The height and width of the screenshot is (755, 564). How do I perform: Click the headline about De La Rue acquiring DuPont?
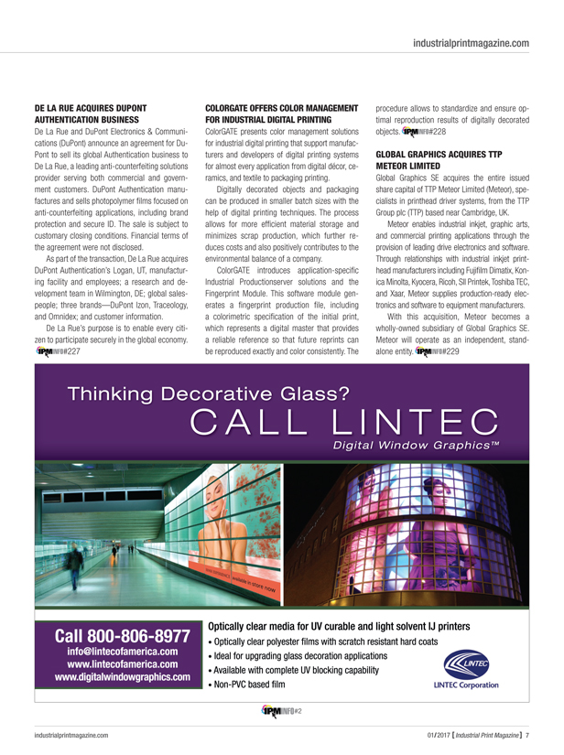pyautogui.click(x=91, y=113)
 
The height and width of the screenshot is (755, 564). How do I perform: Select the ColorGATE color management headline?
pyautogui.click(x=281, y=113)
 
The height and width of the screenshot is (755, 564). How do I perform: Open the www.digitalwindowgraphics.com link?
pyautogui.click(x=122, y=678)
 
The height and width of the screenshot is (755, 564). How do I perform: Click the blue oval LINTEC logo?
pyautogui.click(x=468, y=663)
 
